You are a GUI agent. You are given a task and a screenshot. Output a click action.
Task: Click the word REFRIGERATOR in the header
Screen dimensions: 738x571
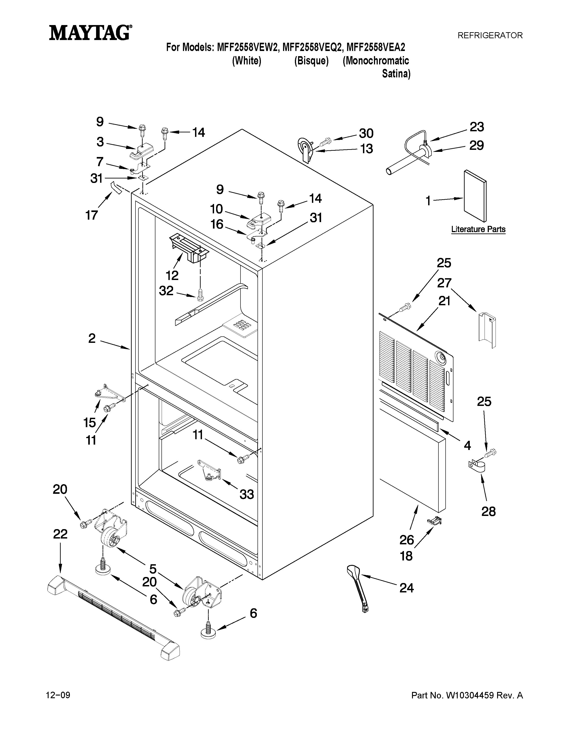click(x=490, y=35)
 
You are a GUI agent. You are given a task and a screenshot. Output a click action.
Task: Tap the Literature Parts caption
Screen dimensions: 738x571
click(x=478, y=229)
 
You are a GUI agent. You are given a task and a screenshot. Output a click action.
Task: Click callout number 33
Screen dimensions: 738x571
click(x=247, y=494)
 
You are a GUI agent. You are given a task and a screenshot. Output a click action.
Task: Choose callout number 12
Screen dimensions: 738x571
click(x=172, y=275)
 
